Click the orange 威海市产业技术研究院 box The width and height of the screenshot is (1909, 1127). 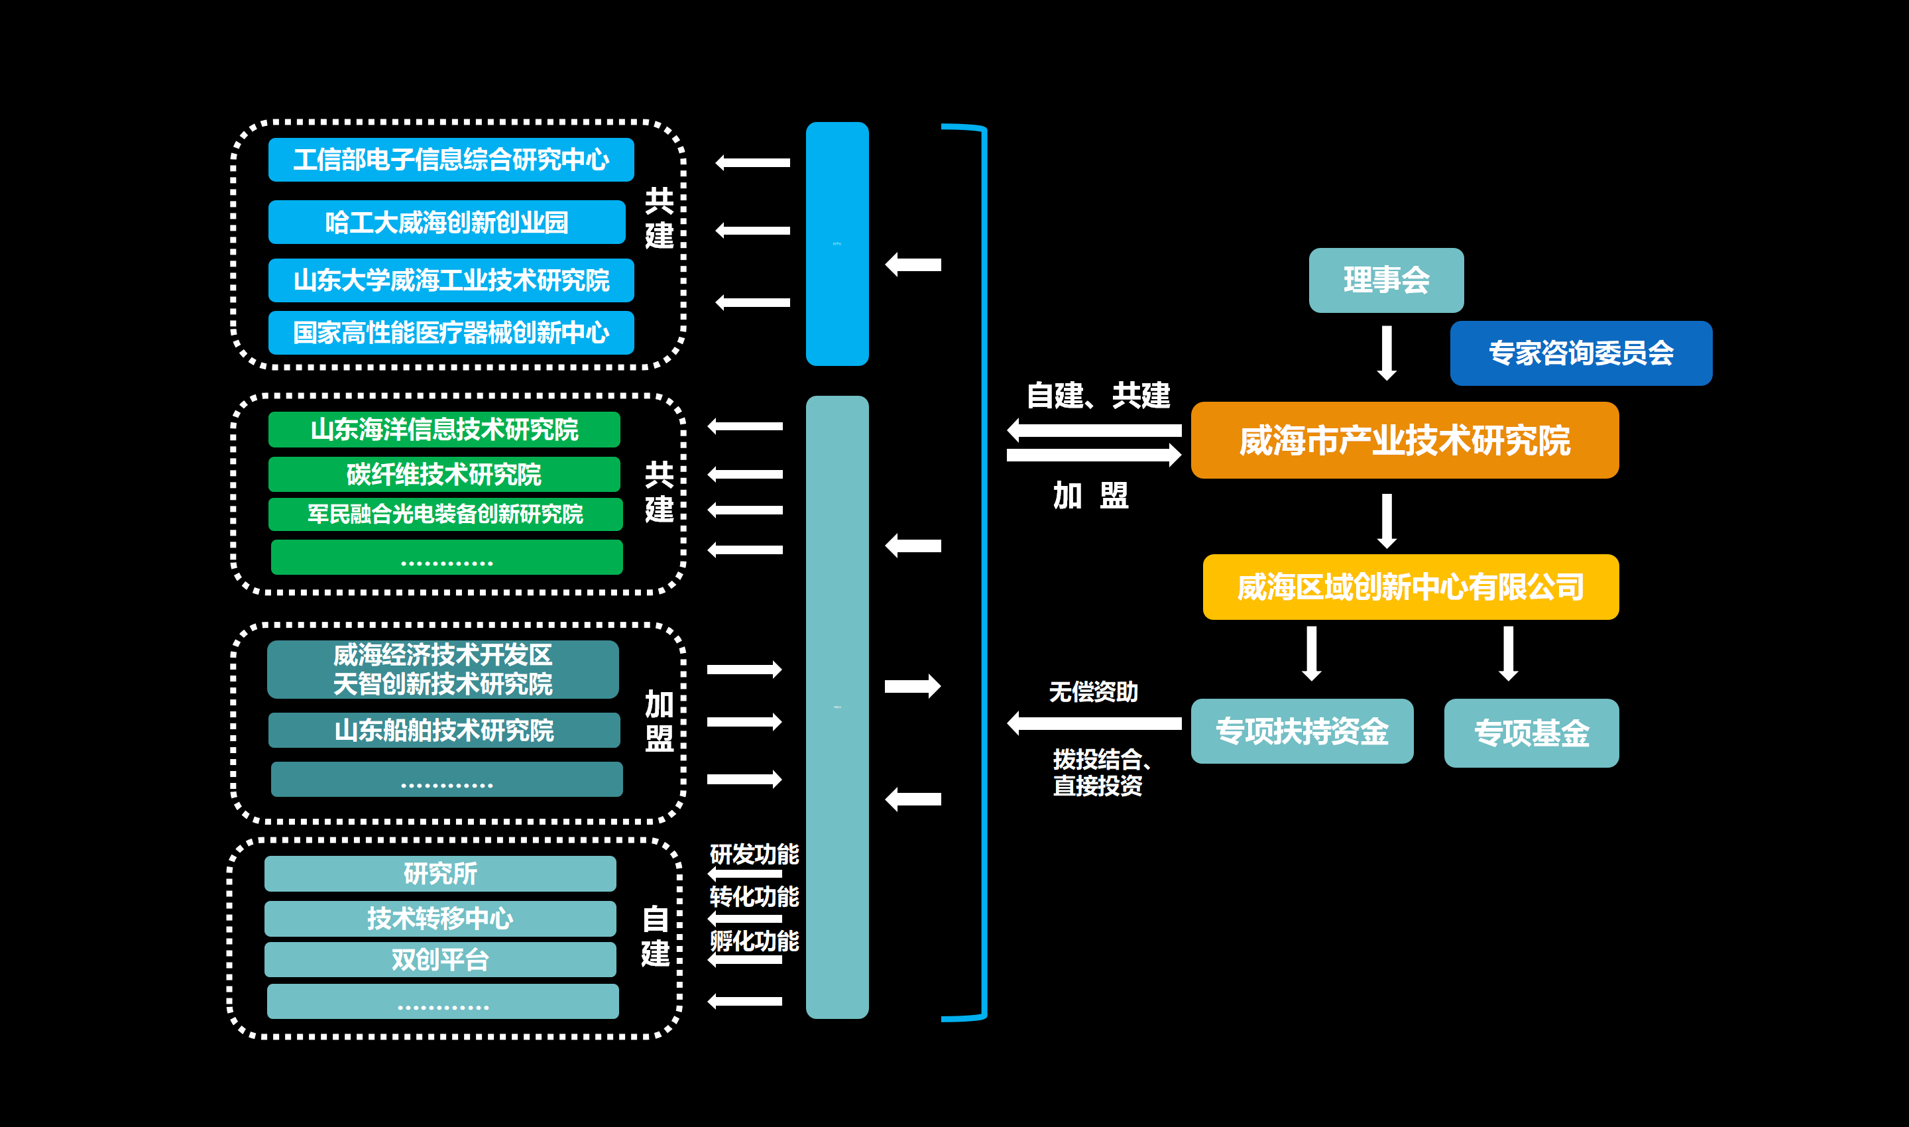(x=1404, y=440)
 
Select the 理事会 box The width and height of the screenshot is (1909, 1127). (x=1386, y=280)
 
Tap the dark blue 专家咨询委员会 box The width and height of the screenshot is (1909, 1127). (x=1580, y=353)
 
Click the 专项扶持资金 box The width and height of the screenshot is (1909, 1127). (x=1302, y=731)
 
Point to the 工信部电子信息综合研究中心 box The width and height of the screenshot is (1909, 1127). (x=451, y=160)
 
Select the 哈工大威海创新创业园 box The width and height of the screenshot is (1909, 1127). (x=447, y=223)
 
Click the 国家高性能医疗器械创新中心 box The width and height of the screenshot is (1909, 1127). (x=451, y=333)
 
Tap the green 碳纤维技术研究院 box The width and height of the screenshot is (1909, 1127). (x=444, y=475)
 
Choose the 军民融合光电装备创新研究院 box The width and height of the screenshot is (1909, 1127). (x=445, y=514)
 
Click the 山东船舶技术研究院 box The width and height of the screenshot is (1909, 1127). (x=444, y=731)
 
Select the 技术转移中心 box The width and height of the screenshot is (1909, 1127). (x=440, y=919)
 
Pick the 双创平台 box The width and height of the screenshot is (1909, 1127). (x=440, y=960)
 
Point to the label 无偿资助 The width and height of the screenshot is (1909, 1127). (x=1094, y=692)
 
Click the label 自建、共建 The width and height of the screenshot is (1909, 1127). (x=1098, y=396)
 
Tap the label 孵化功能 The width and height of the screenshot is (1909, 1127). (x=754, y=941)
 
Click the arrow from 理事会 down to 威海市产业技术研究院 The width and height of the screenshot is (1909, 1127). (x=1387, y=353)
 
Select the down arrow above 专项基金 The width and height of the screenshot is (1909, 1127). (x=1508, y=653)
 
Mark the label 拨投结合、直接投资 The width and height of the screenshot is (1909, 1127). (x=1099, y=772)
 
